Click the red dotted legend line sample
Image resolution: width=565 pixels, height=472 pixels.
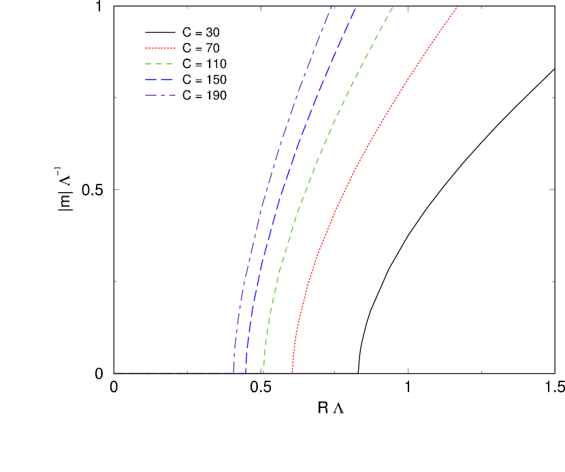pos(160,48)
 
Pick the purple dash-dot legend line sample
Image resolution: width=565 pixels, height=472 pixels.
pos(160,95)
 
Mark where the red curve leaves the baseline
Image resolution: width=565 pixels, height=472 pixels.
pos(293,372)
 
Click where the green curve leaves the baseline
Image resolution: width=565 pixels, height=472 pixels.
pos(263,372)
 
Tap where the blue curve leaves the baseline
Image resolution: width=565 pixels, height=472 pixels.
pos(246,372)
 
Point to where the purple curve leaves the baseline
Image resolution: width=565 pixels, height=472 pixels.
pos(233,372)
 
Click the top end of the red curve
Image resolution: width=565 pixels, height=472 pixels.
pos(457,7)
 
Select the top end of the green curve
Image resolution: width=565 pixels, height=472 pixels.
pos(393,7)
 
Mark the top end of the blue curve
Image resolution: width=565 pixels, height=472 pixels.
pos(355,7)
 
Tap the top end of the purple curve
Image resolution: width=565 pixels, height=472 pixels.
pos(331,7)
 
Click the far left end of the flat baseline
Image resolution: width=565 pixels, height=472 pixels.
pos(114,373)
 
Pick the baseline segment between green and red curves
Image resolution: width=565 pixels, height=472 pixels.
pos(278,373)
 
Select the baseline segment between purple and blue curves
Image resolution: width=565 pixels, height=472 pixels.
pos(240,373)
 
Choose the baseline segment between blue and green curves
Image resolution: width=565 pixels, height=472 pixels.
pos(255,373)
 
